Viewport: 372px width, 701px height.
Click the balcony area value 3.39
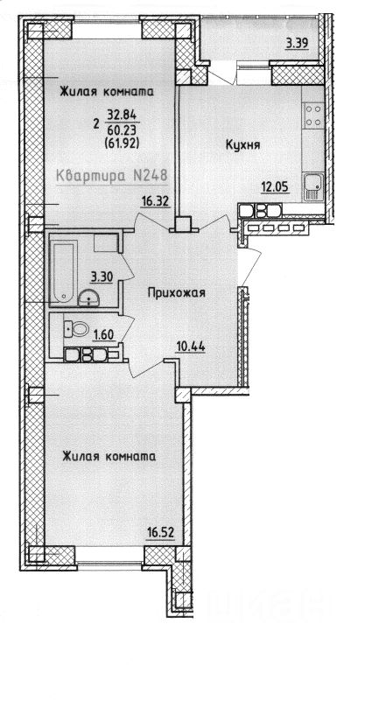click(297, 44)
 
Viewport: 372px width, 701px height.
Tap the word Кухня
click(243, 145)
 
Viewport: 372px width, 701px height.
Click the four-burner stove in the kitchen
click(312, 115)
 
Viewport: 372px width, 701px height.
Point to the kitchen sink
click(313, 186)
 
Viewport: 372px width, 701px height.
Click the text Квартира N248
click(112, 177)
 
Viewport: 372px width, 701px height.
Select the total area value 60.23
click(123, 130)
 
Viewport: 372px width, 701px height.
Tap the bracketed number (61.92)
click(123, 143)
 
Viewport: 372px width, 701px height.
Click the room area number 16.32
click(155, 202)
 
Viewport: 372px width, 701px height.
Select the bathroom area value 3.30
click(101, 278)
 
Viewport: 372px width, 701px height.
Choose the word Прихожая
click(176, 293)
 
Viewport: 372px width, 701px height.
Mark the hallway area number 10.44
click(190, 346)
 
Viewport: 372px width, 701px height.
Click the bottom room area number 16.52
click(160, 532)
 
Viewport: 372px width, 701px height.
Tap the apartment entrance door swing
click(249, 266)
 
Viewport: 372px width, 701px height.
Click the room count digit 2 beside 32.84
click(96, 123)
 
